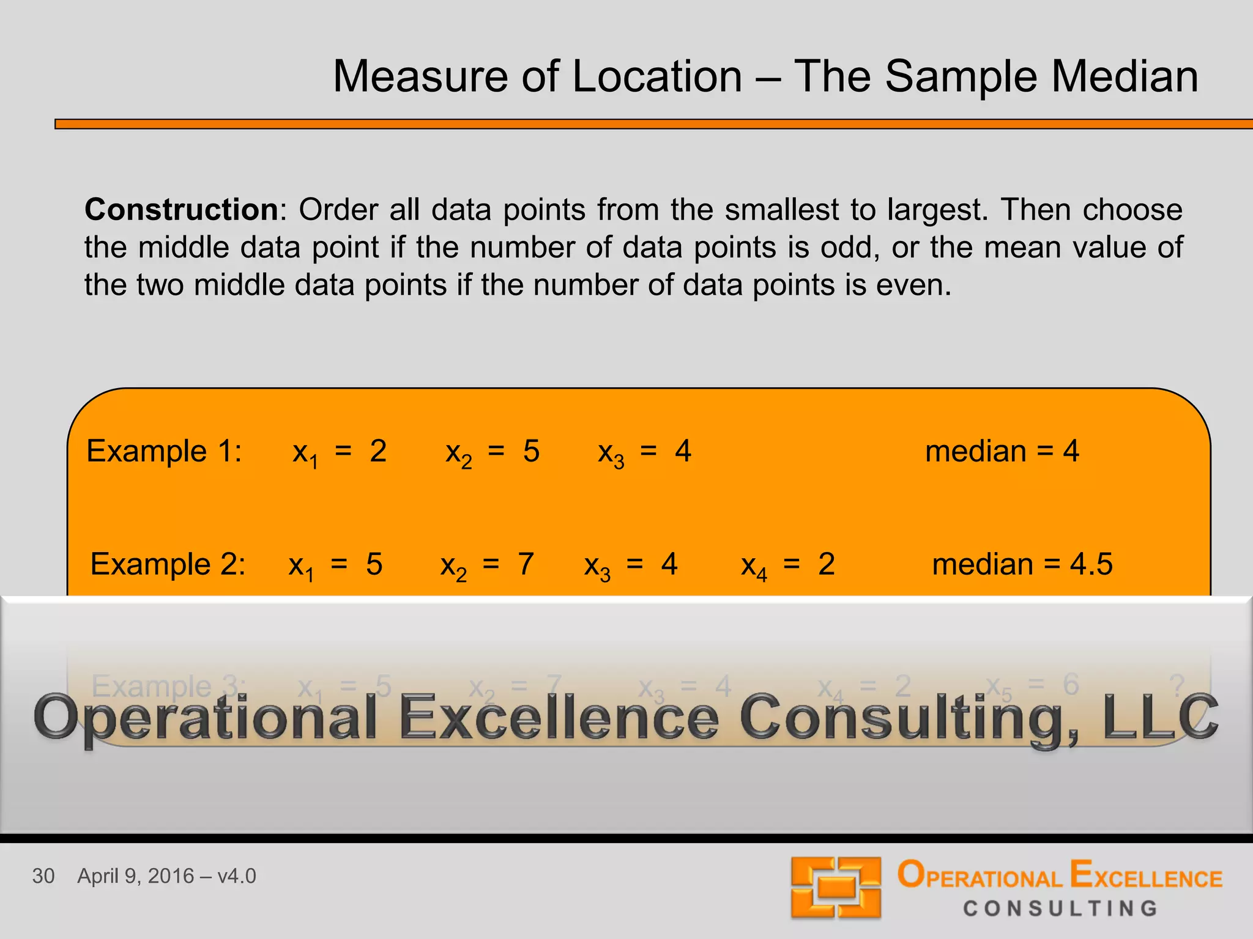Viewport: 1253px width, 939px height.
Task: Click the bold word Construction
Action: point(182,210)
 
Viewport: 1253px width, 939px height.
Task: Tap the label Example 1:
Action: point(164,452)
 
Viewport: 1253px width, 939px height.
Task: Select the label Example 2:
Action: point(168,564)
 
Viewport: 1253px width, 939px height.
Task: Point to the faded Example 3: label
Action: point(168,686)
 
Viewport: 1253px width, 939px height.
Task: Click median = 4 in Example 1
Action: point(1002,452)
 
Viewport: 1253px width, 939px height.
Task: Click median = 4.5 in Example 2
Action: point(1022,564)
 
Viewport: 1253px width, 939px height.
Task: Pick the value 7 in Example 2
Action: point(526,564)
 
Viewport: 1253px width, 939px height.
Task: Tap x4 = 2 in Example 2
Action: point(787,565)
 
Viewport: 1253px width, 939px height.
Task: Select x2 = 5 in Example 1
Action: point(492,452)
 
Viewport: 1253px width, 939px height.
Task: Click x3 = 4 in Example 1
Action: point(644,452)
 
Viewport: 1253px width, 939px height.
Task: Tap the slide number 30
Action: point(43,876)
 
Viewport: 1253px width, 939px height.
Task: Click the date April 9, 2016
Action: point(135,876)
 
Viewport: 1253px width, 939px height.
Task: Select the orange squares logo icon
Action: point(836,888)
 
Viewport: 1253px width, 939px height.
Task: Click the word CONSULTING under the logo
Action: point(1060,908)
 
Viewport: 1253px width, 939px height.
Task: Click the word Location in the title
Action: point(656,77)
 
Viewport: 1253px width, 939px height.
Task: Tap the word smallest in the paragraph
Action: point(781,210)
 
